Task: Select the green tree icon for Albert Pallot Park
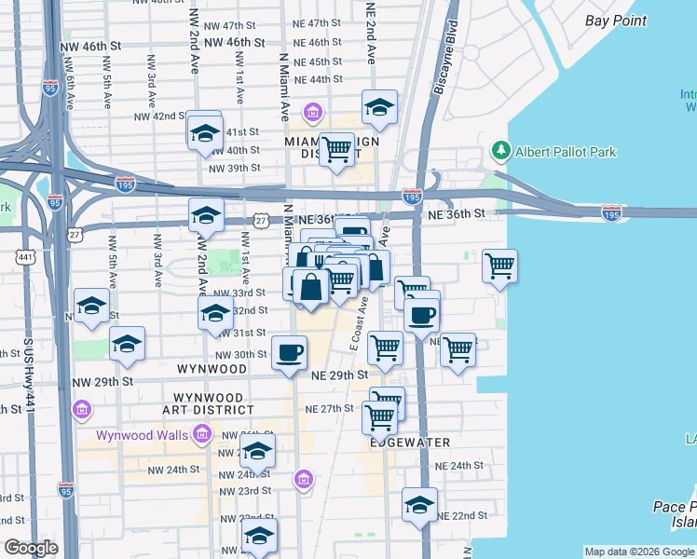coord(500,150)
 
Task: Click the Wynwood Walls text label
coord(142,435)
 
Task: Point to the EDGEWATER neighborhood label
coord(410,443)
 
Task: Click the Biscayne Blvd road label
coord(444,59)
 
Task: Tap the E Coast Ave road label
coord(358,322)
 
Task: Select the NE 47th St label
coord(318,23)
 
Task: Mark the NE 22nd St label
coord(462,515)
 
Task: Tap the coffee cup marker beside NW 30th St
coord(289,352)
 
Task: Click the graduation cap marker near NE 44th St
coord(379,108)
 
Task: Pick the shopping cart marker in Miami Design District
coord(336,149)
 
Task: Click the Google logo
coord(31,548)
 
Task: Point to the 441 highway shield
coord(25,256)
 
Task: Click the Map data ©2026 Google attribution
coord(640,552)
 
